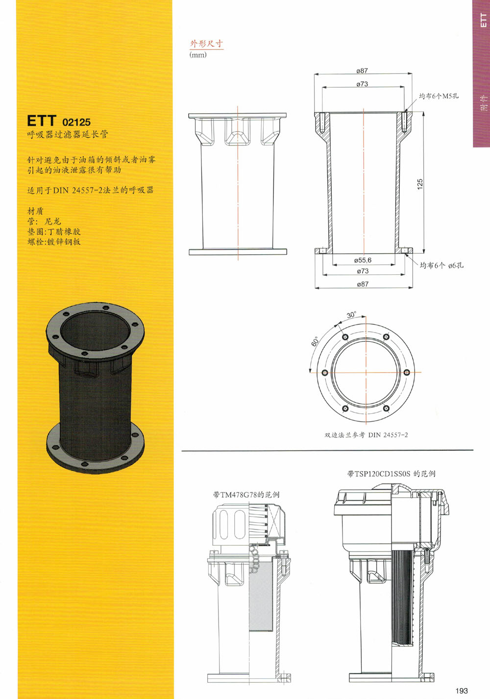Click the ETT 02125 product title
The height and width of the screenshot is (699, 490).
pos(59,121)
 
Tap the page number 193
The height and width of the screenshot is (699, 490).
pos(462,691)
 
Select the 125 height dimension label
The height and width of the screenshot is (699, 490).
pos(420,184)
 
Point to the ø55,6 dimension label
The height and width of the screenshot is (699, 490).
pos(363,260)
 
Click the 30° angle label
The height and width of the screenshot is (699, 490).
pos(351,314)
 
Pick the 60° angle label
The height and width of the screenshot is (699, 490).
pos(315,341)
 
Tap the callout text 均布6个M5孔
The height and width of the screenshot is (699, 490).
pos(439,96)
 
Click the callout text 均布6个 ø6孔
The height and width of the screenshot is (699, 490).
pos(441,265)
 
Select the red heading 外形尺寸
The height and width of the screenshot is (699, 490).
pos(206,44)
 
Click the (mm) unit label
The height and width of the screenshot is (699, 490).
pos(198,55)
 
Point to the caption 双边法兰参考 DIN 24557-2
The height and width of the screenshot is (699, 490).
pos(366,434)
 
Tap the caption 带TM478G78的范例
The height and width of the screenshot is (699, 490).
pos(246,495)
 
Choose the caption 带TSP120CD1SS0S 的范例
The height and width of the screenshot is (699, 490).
pos(392,474)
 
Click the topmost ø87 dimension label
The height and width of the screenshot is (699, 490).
pos(362,71)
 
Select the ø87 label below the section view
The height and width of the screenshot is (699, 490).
pos(363,284)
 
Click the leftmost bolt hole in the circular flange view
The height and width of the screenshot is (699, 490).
pos(324,373)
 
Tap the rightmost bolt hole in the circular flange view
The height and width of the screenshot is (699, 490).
pos(406,372)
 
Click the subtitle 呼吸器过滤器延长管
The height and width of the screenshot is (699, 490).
pos(68,135)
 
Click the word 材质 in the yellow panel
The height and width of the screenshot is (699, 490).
pos(35,211)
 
